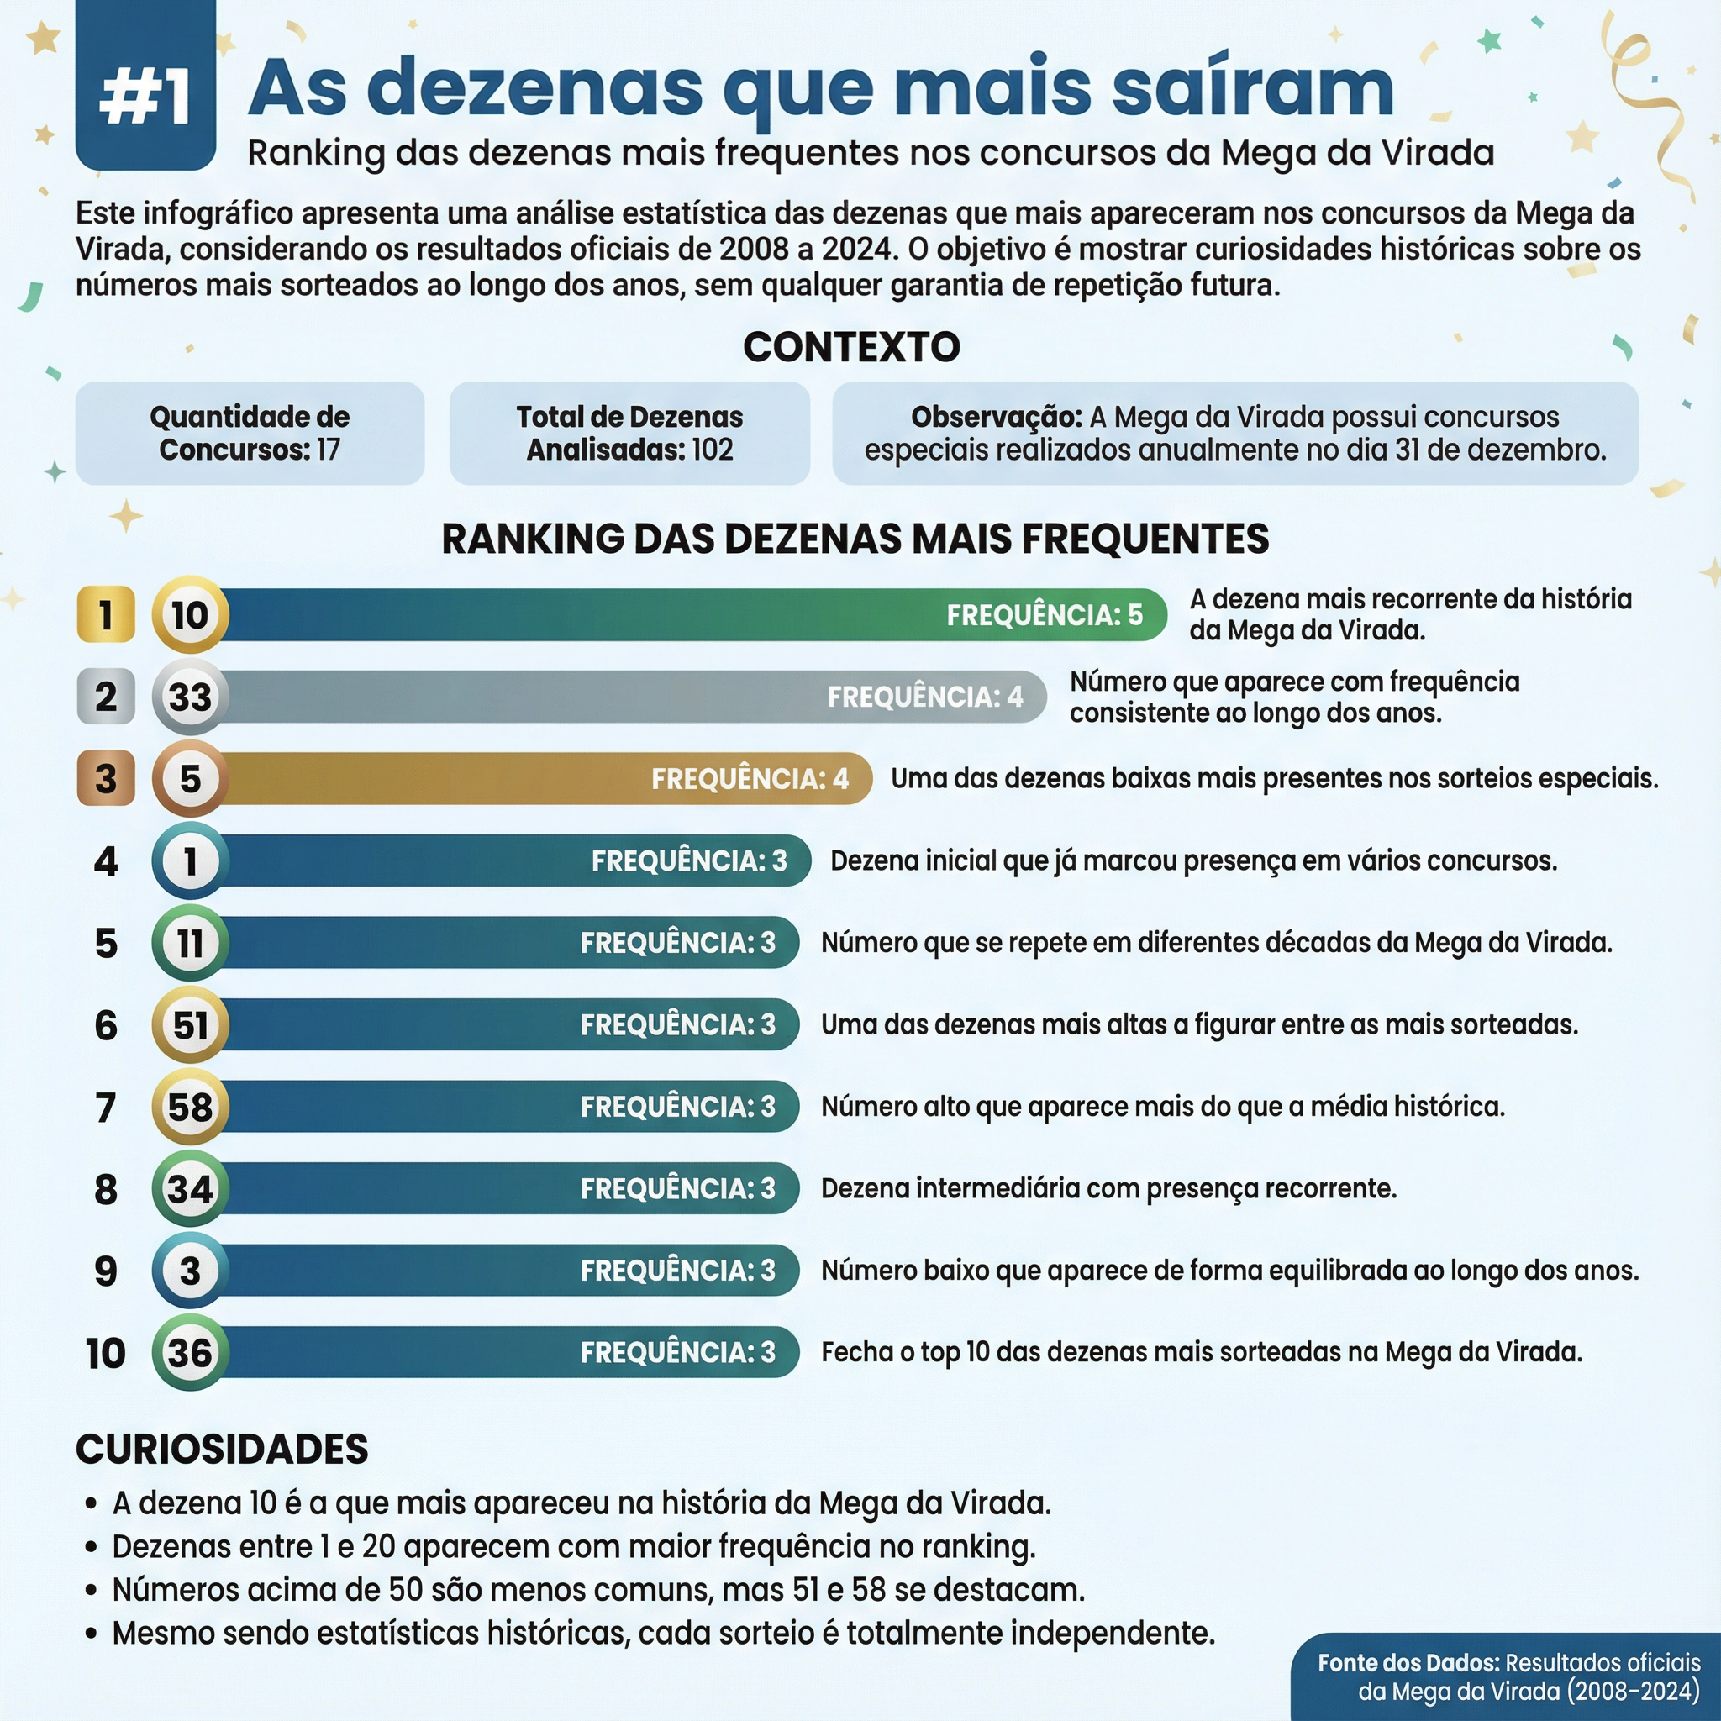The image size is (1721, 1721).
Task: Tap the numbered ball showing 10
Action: pos(190,614)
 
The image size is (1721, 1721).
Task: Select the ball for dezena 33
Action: pos(190,697)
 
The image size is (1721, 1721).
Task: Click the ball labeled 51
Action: pos(190,1024)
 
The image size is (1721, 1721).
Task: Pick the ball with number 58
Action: pos(190,1107)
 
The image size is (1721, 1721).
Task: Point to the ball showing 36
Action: pos(190,1352)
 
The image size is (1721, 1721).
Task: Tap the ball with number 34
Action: pos(190,1188)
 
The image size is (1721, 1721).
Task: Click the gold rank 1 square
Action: pos(106,614)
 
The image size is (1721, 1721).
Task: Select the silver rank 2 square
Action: pos(106,697)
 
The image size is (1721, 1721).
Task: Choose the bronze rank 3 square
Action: pos(106,778)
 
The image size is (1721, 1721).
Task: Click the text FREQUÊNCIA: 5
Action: pos(1044,614)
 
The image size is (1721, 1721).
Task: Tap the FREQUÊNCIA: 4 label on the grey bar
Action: pos(924,697)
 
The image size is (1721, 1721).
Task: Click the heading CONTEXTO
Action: pos(851,346)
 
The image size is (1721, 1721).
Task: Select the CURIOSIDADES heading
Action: pos(222,1450)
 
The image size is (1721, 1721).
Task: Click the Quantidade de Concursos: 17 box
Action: pos(250,433)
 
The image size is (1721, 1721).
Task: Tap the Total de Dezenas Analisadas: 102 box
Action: pos(629,433)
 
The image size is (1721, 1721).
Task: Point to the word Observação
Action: pos(995,417)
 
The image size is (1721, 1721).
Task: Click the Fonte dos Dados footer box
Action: pos(1508,1677)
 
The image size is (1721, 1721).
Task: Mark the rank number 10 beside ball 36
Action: pos(106,1352)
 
